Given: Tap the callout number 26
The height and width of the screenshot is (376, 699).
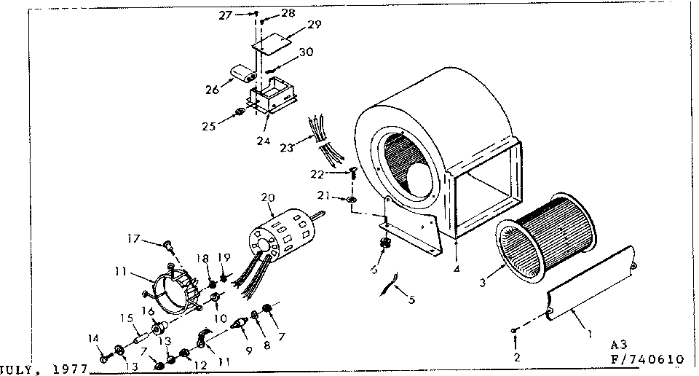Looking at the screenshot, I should point(212,90).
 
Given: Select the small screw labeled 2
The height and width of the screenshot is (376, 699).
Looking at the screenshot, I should point(515,332).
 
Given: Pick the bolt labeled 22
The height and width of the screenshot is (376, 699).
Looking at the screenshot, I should point(352,173).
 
